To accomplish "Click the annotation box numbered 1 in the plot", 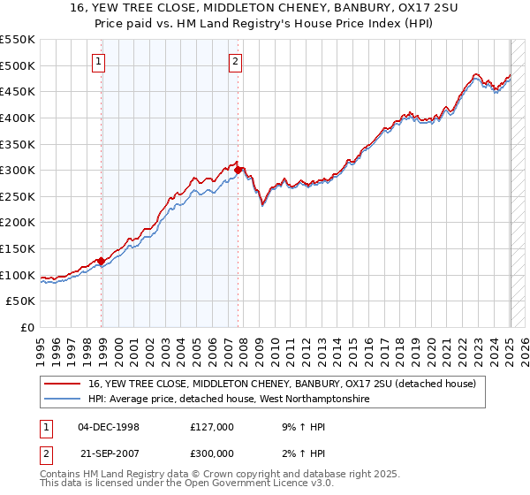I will tap(97, 61).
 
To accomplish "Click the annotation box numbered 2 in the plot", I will tap(235, 61).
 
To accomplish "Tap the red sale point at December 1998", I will tap(102, 261).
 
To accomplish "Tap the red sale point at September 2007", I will tap(238, 170).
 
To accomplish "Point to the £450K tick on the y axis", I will tap(18, 91).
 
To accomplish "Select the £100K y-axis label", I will tap(18, 275).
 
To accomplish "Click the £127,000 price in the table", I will tap(212, 426).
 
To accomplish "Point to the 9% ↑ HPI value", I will tap(299, 426).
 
